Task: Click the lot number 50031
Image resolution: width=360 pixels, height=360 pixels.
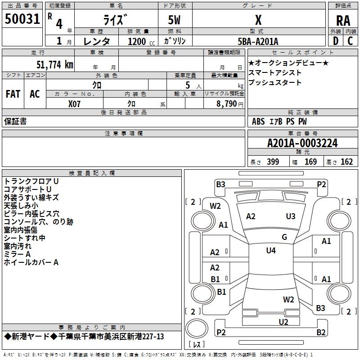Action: pyautogui.click(x=22, y=19)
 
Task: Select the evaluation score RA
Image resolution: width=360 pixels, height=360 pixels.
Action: pyautogui.click(x=343, y=21)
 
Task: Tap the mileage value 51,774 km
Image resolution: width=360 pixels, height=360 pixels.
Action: pyautogui.click(x=55, y=64)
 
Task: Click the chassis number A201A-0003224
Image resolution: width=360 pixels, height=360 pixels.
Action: pyautogui.click(x=302, y=143)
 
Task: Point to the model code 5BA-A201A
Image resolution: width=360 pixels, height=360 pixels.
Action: pyautogui.click(x=258, y=41)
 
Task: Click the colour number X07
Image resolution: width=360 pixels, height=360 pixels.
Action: pyautogui.click(x=74, y=104)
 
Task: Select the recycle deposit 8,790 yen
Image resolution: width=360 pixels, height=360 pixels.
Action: pyautogui.click(x=230, y=104)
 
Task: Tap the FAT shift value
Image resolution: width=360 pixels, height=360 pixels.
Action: pyautogui.click(x=13, y=94)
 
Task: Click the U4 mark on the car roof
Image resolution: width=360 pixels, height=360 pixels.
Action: pyautogui.click(x=271, y=250)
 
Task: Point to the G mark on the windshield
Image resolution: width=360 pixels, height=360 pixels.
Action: pyautogui.click(x=284, y=237)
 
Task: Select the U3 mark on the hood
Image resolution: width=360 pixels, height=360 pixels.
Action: pyautogui.click(x=291, y=216)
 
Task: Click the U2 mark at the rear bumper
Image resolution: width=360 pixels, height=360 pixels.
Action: pyautogui.click(x=283, y=322)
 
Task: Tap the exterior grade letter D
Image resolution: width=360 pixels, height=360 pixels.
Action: pyautogui.click(x=336, y=41)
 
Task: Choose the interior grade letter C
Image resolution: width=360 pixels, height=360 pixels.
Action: pyautogui.click(x=350, y=41)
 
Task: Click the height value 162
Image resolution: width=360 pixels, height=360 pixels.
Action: pyautogui.click(x=346, y=162)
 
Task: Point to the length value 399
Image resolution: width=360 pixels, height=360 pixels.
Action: pyautogui.click(x=273, y=162)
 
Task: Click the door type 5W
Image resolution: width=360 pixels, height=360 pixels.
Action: pyautogui.click(x=174, y=20)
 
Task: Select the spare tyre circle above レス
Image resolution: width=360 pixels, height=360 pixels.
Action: pyautogui.click(x=197, y=328)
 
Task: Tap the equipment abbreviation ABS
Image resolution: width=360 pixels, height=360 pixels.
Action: pyautogui.click(x=258, y=121)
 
